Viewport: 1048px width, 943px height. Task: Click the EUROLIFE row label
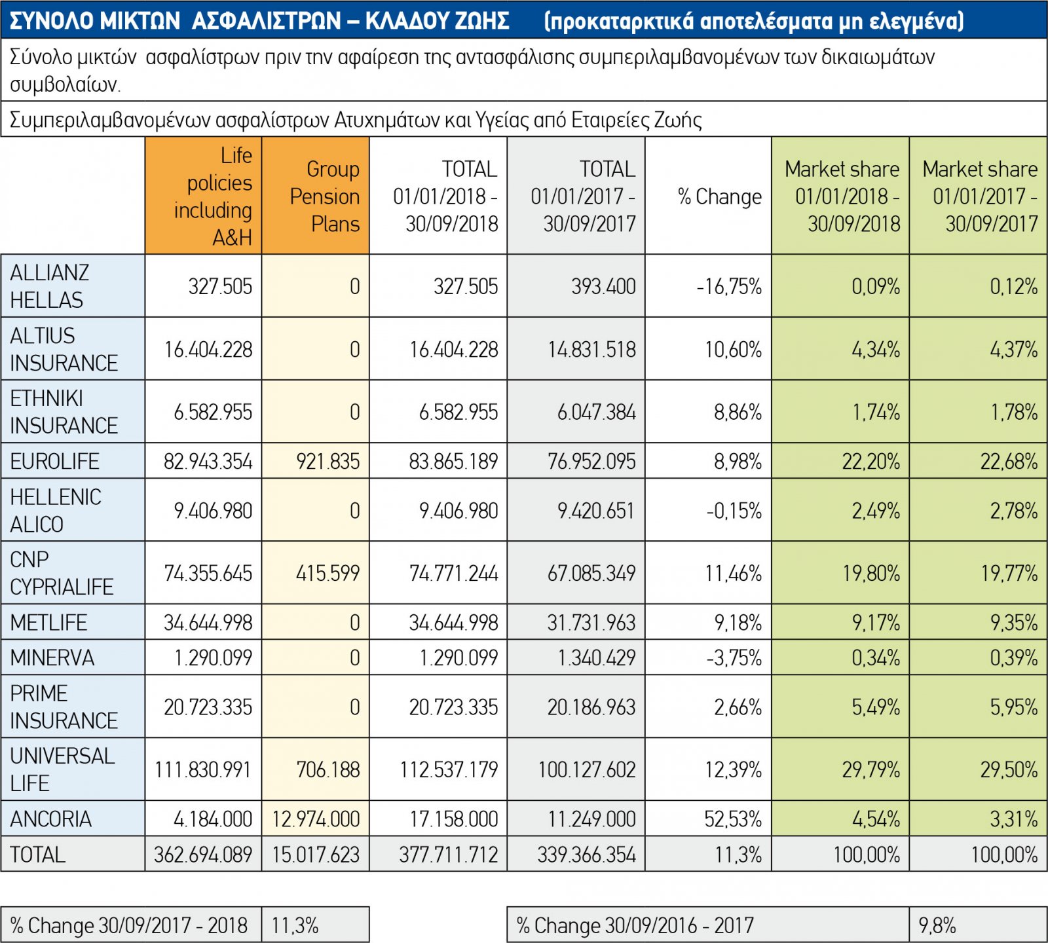[55, 461]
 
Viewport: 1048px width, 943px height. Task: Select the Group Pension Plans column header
[325, 196]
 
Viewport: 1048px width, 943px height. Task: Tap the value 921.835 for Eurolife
[327, 461]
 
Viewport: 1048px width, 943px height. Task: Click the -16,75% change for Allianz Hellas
[729, 286]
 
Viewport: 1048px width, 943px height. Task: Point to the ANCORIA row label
[51, 819]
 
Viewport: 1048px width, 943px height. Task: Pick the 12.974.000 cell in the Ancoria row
[316, 819]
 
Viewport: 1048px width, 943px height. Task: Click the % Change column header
[719, 196]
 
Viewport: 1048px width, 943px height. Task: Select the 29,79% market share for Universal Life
[870, 769]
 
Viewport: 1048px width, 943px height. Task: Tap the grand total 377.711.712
[449, 855]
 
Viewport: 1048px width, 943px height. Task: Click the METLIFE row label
[49, 622]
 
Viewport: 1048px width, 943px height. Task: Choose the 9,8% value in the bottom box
[937, 925]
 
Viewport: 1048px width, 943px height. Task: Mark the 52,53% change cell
[733, 819]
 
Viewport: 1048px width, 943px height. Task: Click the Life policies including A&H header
[213, 196]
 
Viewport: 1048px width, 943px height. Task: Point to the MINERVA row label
[52, 657]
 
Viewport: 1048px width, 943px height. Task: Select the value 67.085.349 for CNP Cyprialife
[591, 573]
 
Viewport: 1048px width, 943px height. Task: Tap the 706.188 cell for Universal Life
[327, 769]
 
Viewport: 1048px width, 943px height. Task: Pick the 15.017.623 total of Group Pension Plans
[316, 855]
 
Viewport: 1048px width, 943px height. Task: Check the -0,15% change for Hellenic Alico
[734, 510]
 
